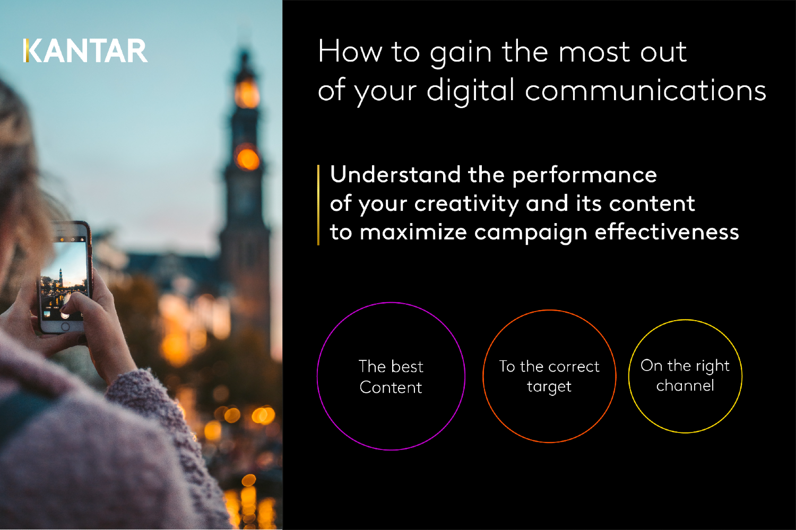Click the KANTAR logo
(x=85, y=51)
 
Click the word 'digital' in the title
(x=470, y=91)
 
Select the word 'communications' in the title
(x=645, y=91)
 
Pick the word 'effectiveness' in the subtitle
(x=667, y=232)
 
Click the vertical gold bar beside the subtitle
(x=318, y=205)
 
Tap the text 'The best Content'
(x=391, y=377)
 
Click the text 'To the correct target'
(x=549, y=376)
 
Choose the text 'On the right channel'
(x=685, y=375)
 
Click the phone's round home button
(x=65, y=327)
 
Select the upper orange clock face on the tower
(x=247, y=94)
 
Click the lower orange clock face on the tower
(x=247, y=158)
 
